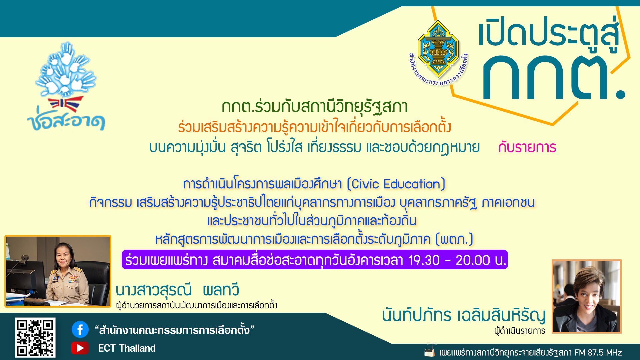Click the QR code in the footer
click(35, 337)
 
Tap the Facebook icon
click(80, 330)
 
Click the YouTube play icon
click(80, 348)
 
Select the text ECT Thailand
click(127, 348)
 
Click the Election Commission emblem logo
click(438, 53)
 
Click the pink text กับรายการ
click(527, 147)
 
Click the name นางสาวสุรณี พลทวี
click(177, 290)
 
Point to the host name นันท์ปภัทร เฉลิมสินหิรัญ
click(464, 315)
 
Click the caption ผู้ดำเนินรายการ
click(520, 331)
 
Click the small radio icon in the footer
click(430, 351)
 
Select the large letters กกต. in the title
click(554, 77)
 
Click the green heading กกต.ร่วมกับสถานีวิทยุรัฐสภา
click(315, 107)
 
